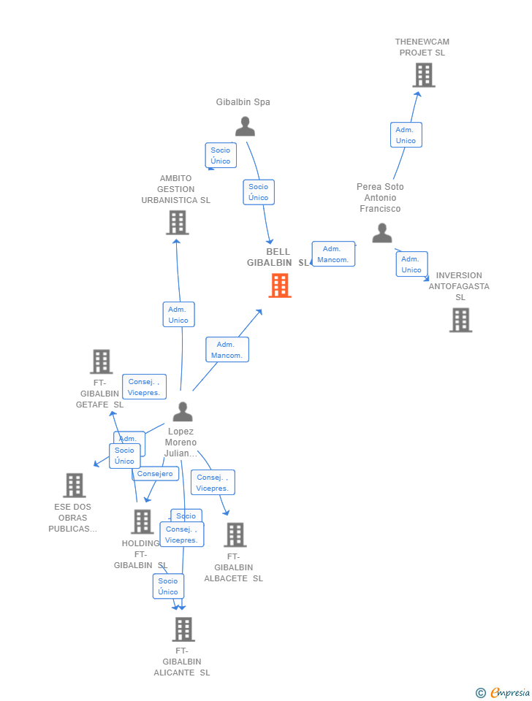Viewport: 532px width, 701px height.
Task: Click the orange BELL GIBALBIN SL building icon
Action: coord(280,286)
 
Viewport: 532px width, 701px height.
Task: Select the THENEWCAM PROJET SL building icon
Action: coord(423,75)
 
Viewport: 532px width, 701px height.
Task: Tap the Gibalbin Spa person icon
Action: coord(245,126)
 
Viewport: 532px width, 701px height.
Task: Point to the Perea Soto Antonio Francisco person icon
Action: coord(382,233)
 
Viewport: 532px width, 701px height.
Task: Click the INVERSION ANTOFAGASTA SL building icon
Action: coord(460,320)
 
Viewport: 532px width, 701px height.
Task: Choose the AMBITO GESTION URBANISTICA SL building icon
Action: coord(177,223)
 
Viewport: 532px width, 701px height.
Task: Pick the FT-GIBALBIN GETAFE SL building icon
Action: coord(101,361)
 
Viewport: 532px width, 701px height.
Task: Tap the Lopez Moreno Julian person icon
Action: coord(183,412)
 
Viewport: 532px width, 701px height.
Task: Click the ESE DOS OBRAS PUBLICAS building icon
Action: coord(74,485)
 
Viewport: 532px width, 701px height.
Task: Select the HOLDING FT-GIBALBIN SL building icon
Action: coord(142,521)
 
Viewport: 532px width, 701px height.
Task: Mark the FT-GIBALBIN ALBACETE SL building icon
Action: coord(235,535)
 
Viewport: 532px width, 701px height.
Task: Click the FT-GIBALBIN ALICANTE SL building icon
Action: coord(183,629)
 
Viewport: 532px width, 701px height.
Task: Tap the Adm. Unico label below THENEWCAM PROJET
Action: coord(406,135)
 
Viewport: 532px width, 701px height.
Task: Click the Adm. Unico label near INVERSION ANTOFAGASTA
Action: coord(411,264)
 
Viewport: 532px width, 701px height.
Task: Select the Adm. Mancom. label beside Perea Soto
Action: coord(333,254)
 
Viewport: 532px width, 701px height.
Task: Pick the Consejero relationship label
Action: coord(155,474)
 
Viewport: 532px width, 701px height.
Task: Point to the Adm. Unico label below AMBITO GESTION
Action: coord(178,315)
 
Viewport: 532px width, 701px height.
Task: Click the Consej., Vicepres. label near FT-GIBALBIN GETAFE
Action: coord(144,387)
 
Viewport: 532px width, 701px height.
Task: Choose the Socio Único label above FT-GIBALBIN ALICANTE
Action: coord(168,586)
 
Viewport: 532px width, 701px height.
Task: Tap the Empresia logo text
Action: coord(509,692)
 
